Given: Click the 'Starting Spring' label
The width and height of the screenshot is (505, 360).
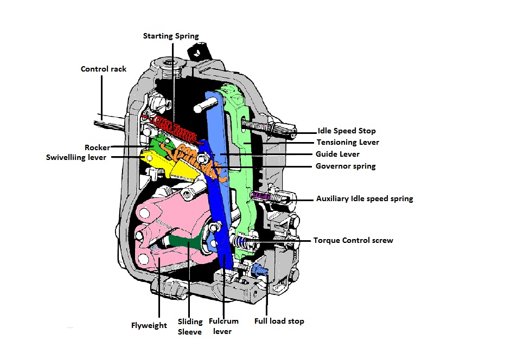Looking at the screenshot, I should [171, 36].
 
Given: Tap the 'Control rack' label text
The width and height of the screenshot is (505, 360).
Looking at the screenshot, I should [104, 69].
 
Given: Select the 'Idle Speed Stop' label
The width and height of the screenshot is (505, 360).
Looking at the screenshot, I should [347, 131].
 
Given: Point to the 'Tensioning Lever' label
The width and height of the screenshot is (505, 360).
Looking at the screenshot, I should [348, 143].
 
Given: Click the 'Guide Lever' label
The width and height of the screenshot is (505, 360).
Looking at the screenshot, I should [338, 155].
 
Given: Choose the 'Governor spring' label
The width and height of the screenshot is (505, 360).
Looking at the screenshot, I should [346, 166].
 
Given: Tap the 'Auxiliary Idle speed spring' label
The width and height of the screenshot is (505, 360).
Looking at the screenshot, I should [365, 199].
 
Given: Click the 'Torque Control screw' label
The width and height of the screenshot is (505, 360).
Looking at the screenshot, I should [353, 240].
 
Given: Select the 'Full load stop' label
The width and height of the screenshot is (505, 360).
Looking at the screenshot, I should [279, 321].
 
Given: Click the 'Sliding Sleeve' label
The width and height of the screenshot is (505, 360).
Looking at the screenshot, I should [190, 326].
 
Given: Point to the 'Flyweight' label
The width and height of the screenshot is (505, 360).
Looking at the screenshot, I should [149, 325].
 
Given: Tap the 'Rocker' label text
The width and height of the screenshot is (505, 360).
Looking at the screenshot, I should [97, 147].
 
